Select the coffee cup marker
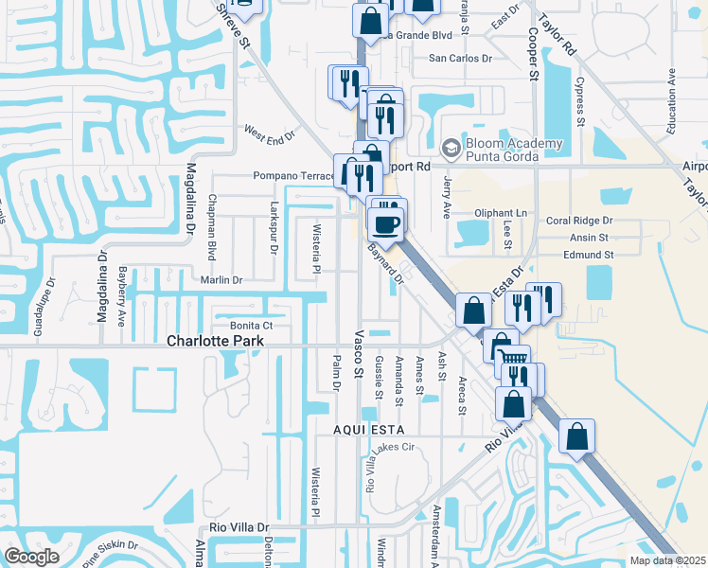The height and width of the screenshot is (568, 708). pyautogui.click(x=386, y=225)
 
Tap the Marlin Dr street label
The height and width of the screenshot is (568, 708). pyautogui.click(x=221, y=280)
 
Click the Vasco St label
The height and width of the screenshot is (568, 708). pyautogui.click(x=359, y=355)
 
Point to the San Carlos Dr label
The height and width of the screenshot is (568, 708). pyautogui.click(x=462, y=58)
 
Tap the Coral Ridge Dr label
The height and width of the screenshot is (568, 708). pyautogui.click(x=579, y=220)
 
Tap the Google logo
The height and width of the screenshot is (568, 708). pyautogui.click(x=32, y=557)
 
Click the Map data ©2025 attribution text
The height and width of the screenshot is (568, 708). pyautogui.click(x=666, y=560)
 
